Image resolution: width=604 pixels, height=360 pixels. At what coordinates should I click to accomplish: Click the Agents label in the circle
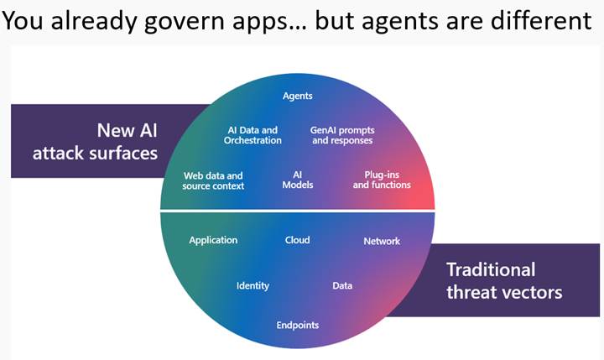[297, 96]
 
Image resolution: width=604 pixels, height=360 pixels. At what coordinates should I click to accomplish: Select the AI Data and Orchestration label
[253, 135]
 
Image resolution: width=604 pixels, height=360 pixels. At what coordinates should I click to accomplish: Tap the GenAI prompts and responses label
[342, 135]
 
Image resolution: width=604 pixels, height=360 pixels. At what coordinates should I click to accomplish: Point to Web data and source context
[213, 180]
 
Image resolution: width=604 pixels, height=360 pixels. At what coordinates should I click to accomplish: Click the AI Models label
[297, 180]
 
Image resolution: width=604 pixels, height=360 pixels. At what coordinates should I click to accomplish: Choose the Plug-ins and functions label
[382, 180]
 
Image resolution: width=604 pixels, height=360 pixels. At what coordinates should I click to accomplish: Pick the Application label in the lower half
[213, 240]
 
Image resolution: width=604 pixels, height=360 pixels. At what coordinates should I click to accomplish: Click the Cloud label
[297, 240]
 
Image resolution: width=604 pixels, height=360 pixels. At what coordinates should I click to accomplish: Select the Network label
[382, 241]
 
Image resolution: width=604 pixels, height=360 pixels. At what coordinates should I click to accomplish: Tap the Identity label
[253, 285]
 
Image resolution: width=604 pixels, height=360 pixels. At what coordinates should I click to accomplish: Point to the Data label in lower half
[342, 285]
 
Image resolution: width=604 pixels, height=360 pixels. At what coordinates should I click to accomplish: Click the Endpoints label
[298, 325]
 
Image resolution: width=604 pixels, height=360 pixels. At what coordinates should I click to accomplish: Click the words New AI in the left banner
[127, 131]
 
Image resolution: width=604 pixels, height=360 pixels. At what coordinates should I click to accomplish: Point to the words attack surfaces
[95, 154]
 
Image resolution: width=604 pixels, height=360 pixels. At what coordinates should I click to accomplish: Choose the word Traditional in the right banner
[491, 269]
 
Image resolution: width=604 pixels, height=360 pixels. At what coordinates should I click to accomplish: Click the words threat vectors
[504, 292]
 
